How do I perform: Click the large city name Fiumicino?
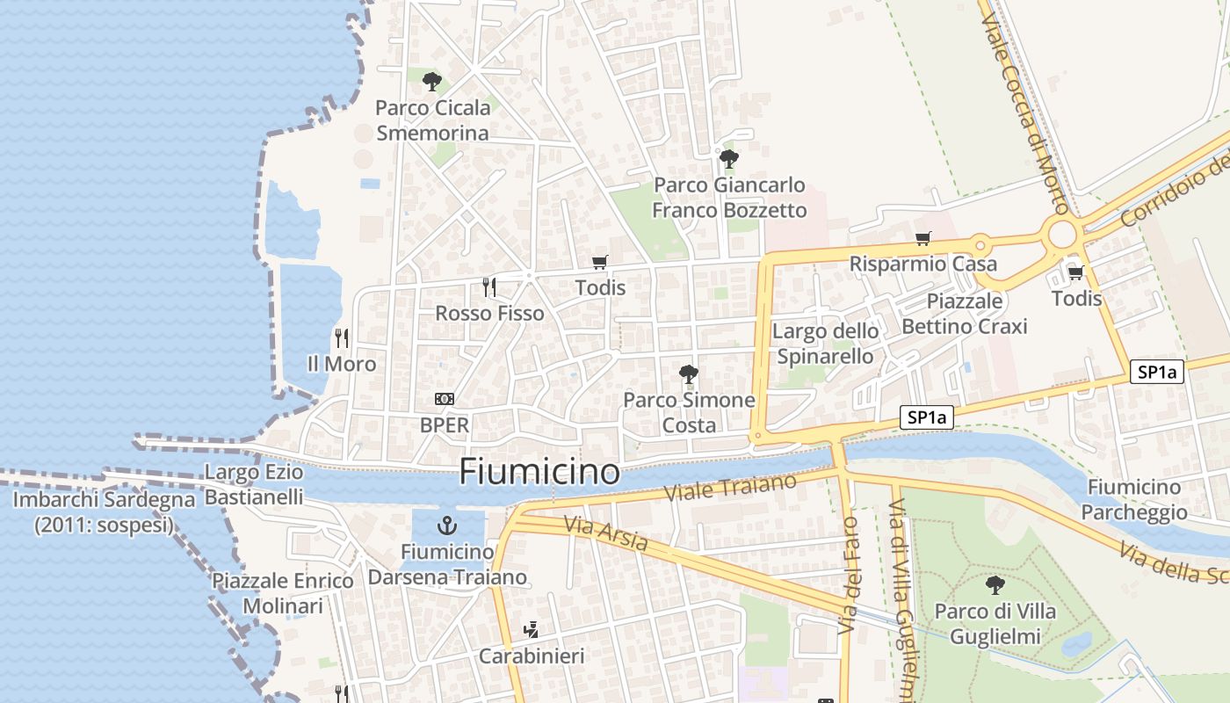point(539,472)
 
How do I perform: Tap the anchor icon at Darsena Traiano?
point(447,525)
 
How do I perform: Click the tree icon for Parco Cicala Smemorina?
point(431,82)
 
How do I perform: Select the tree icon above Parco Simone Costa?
point(689,374)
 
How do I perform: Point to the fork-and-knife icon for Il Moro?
point(342,337)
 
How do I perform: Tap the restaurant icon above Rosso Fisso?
point(489,286)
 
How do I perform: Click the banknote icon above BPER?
point(445,399)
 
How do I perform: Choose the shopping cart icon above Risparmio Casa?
point(922,238)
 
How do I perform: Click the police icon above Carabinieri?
point(531,629)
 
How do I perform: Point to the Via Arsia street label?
point(606,533)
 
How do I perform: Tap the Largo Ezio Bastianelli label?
point(254,484)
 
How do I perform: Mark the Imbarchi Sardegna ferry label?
point(104,512)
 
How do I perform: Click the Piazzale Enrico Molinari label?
point(283,593)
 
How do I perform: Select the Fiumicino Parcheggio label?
point(1134,499)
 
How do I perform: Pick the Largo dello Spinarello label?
point(825,343)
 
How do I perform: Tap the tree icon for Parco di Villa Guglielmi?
point(995,584)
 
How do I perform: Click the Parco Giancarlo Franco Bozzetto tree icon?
point(728,159)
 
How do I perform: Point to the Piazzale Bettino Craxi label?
point(965,314)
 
